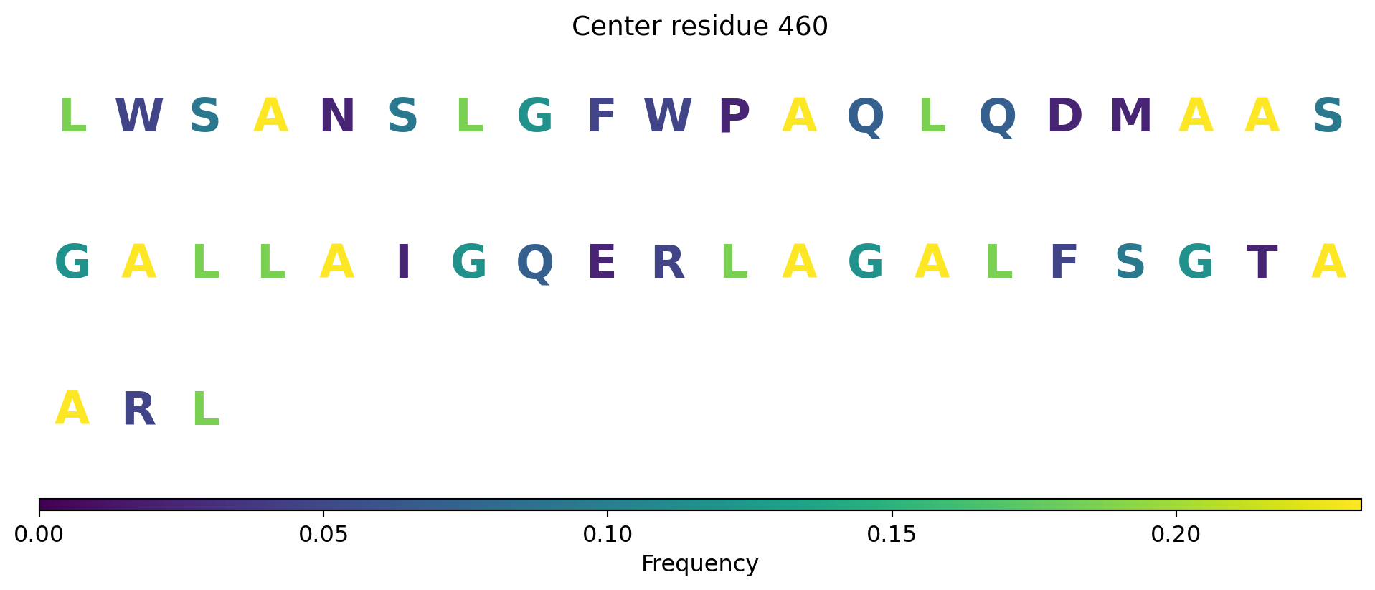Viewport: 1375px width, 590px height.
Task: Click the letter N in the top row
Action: tap(337, 116)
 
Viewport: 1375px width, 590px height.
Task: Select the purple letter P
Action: tap(734, 116)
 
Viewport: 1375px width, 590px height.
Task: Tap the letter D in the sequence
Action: tap(1064, 116)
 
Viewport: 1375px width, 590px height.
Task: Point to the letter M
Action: tap(1130, 116)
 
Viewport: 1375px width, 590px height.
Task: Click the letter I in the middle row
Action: tap(403, 263)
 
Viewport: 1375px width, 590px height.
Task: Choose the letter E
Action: tap(601, 263)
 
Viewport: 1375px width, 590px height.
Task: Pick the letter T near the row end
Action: tap(1262, 263)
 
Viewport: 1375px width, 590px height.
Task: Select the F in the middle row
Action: tap(1064, 263)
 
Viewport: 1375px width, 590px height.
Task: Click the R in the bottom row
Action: tap(138, 410)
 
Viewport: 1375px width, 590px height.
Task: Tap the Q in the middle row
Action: tap(535, 263)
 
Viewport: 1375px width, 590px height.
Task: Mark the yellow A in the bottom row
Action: tap(72, 410)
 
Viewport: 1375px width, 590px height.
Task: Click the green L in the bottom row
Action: tap(206, 410)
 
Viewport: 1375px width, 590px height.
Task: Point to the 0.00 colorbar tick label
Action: tap(39, 534)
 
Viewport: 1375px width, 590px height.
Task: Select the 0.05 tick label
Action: tap(323, 534)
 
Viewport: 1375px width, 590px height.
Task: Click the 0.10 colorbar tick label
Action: tap(607, 534)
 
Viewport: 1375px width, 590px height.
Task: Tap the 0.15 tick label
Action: tap(892, 534)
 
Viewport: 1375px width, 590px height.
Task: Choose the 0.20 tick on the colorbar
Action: tap(1176, 534)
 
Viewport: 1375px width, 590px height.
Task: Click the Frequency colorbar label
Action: tap(699, 564)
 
